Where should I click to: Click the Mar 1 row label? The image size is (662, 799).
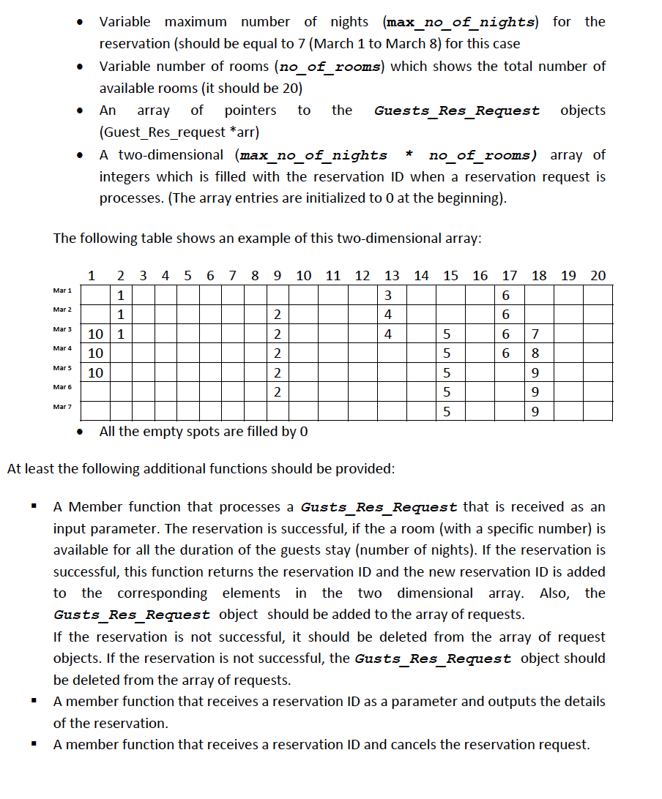tap(62, 291)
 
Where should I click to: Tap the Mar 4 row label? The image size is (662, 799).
tap(62, 348)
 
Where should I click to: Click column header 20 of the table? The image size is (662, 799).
tap(598, 276)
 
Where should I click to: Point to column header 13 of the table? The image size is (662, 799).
tap(392, 276)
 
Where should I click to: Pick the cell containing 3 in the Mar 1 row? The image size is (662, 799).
tap(388, 296)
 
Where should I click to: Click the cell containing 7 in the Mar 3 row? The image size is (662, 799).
tap(535, 334)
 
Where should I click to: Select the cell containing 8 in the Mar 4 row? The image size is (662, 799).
tap(535, 354)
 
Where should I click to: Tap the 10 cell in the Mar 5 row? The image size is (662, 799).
tap(95, 373)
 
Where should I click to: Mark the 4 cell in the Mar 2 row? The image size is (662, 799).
tap(388, 315)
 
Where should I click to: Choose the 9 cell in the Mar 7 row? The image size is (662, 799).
tap(535, 413)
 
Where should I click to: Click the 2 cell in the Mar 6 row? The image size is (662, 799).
tap(276, 393)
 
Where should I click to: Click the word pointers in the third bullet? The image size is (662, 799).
tap(250, 110)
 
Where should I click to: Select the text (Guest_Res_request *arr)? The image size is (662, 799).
tap(179, 132)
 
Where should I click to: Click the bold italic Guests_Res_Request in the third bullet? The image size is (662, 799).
tap(457, 111)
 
